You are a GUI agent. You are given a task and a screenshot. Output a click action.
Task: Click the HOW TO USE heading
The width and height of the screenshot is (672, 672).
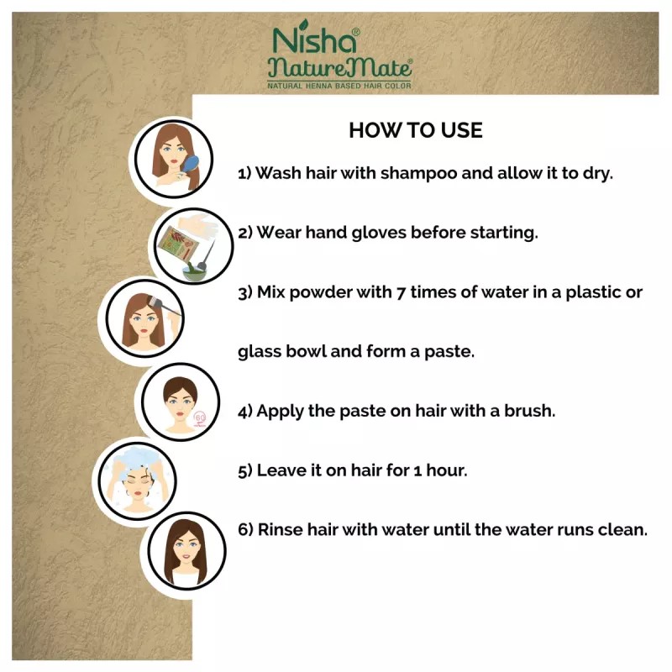click(415, 131)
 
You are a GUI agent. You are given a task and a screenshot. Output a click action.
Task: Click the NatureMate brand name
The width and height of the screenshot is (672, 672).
click(339, 68)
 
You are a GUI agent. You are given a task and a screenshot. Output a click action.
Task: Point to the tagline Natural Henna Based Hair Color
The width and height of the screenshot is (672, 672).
click(339, 86)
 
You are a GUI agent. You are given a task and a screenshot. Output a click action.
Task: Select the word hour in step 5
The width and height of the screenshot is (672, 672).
click(444, 470)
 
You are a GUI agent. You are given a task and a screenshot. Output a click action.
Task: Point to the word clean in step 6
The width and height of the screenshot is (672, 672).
click(624, 530)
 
